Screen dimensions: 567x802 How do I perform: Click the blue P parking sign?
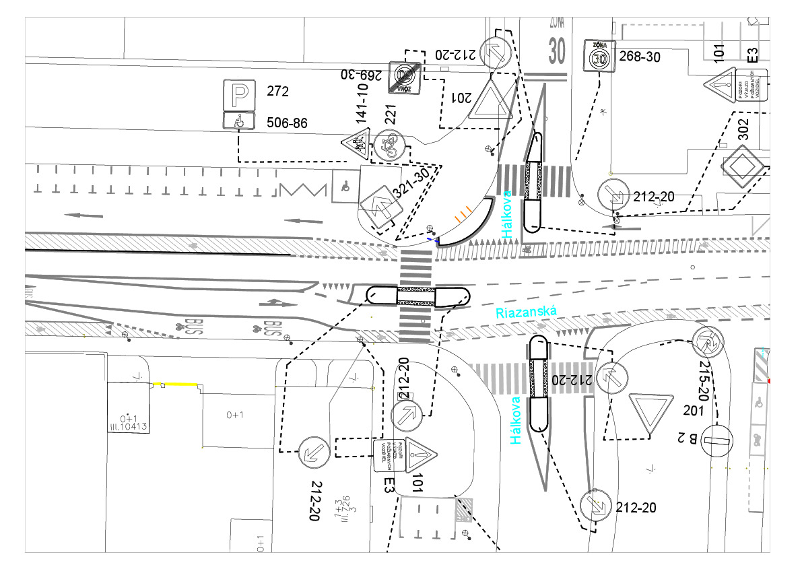click(x=239, y=95)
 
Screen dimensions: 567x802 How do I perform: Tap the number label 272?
click(x=278, y=91)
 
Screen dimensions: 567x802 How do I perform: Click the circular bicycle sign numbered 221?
click(x=390, y=145)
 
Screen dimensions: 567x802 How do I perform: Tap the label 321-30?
click(x=411, y=183)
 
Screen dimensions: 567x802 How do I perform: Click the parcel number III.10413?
click(x=133, y=426)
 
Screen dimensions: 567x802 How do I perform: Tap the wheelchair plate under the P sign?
click(x=239, y=121)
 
